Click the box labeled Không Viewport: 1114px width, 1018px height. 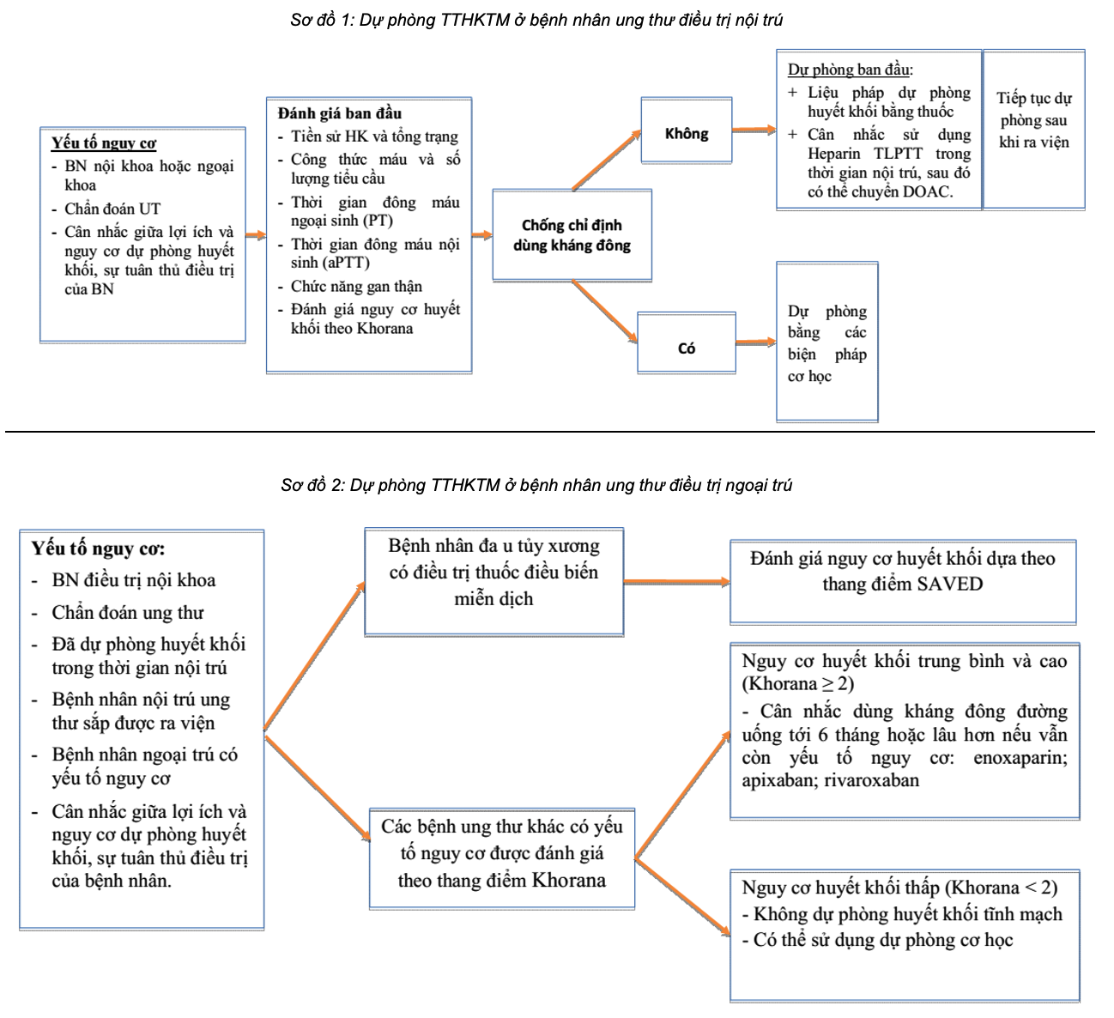(686, 133)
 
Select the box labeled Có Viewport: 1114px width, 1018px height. (687, 348)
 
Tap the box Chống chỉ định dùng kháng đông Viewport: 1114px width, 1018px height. (572, 235)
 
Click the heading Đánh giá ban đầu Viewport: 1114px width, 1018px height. (340, 113)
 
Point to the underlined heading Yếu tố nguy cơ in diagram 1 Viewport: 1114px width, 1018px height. (104, 143)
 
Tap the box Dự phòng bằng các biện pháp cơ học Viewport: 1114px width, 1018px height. (826, 343)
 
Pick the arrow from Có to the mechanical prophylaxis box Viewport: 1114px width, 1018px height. (755, 343)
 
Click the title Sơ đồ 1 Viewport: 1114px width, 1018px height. (536, 21)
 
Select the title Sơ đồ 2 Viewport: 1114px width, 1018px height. (536, 486)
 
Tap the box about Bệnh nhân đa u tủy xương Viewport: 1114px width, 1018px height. (493, 573)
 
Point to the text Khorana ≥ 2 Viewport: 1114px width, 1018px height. (798, 684)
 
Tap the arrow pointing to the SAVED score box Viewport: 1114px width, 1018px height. (675, 582)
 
